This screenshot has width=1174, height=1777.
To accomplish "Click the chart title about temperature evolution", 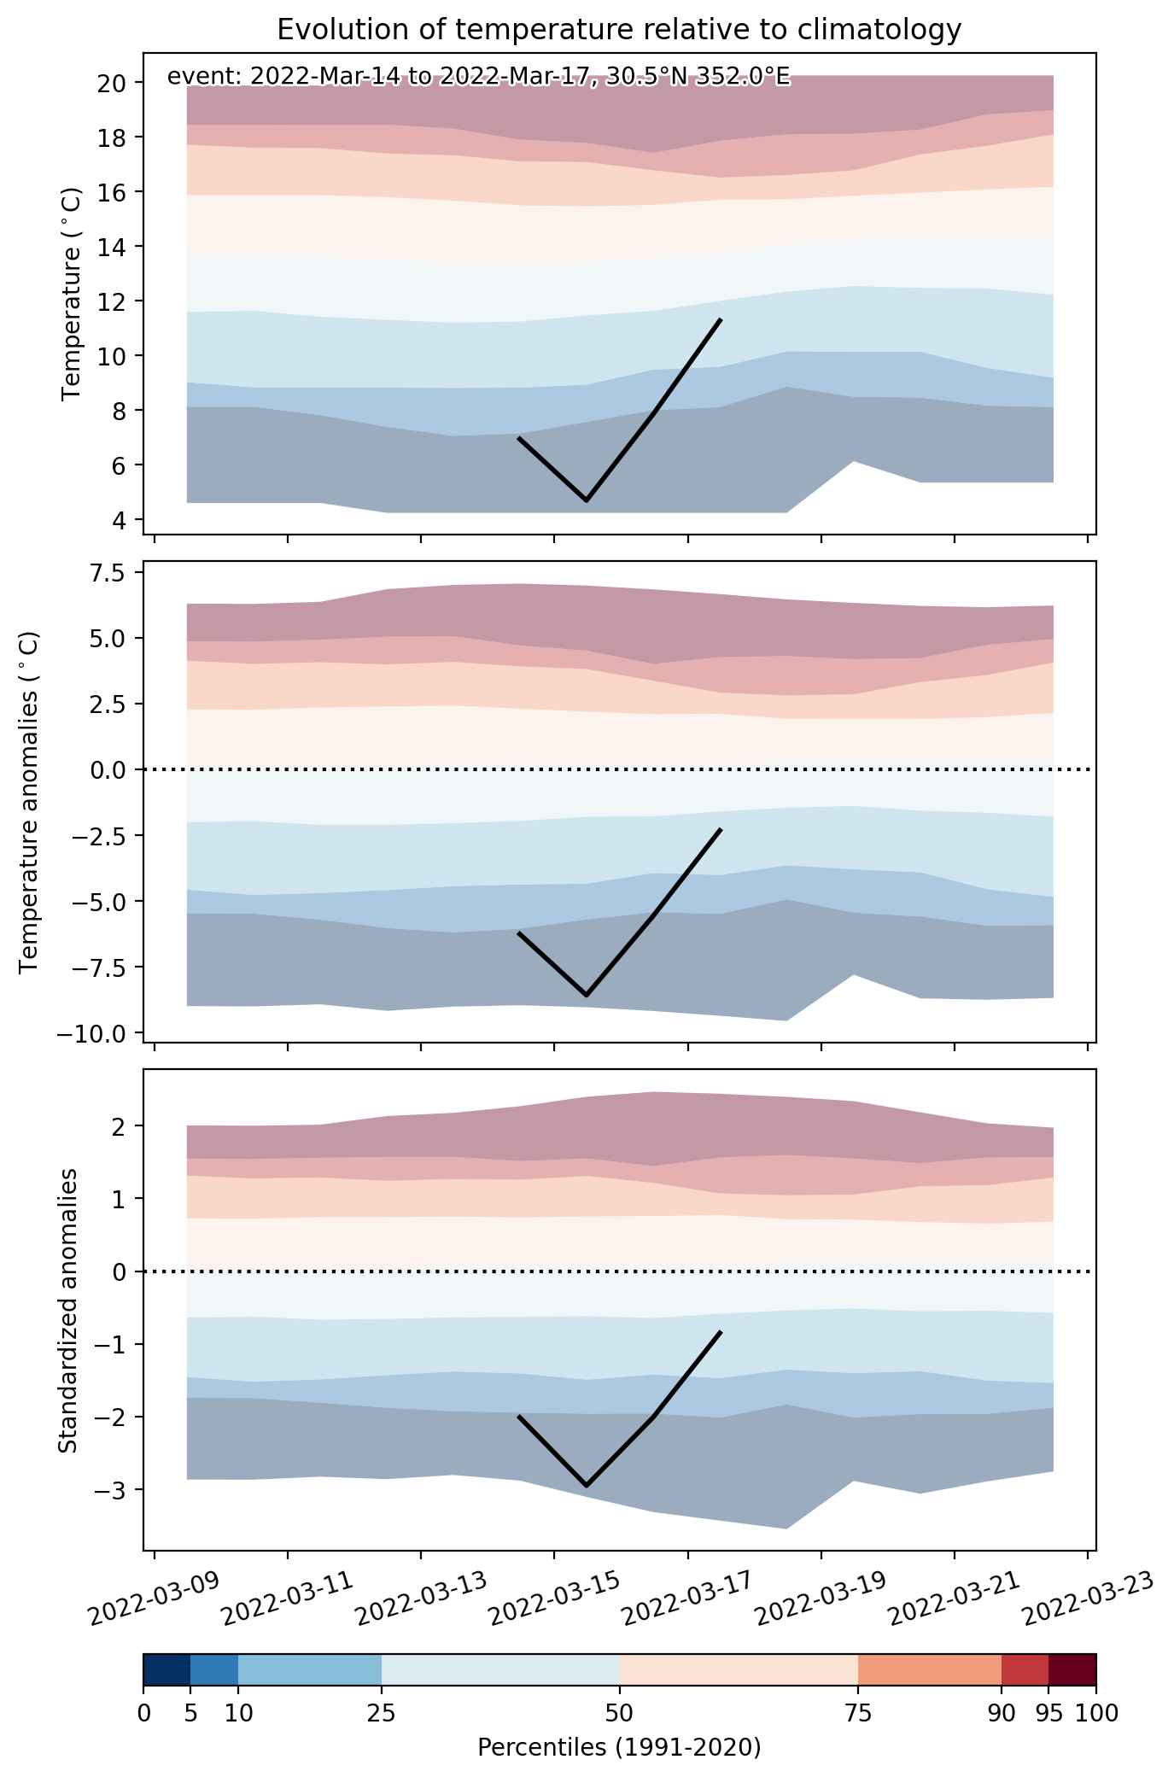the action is pos(619,30).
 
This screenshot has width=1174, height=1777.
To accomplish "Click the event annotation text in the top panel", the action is pos(478,78).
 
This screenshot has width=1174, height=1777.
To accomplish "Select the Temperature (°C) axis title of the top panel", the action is pos(73,295).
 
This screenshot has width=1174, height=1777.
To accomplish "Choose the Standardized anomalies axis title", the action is pos(68,1310).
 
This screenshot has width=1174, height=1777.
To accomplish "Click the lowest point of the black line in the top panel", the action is pos(587,500).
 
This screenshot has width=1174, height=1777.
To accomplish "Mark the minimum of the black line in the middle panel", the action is pos(587,996).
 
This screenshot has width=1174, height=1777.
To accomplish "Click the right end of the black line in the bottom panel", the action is pos(721,1332).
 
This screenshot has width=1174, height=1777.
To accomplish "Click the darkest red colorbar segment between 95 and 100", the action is pos(1072,1669).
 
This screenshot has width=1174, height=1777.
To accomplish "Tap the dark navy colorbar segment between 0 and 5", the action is pos(166,1669).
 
